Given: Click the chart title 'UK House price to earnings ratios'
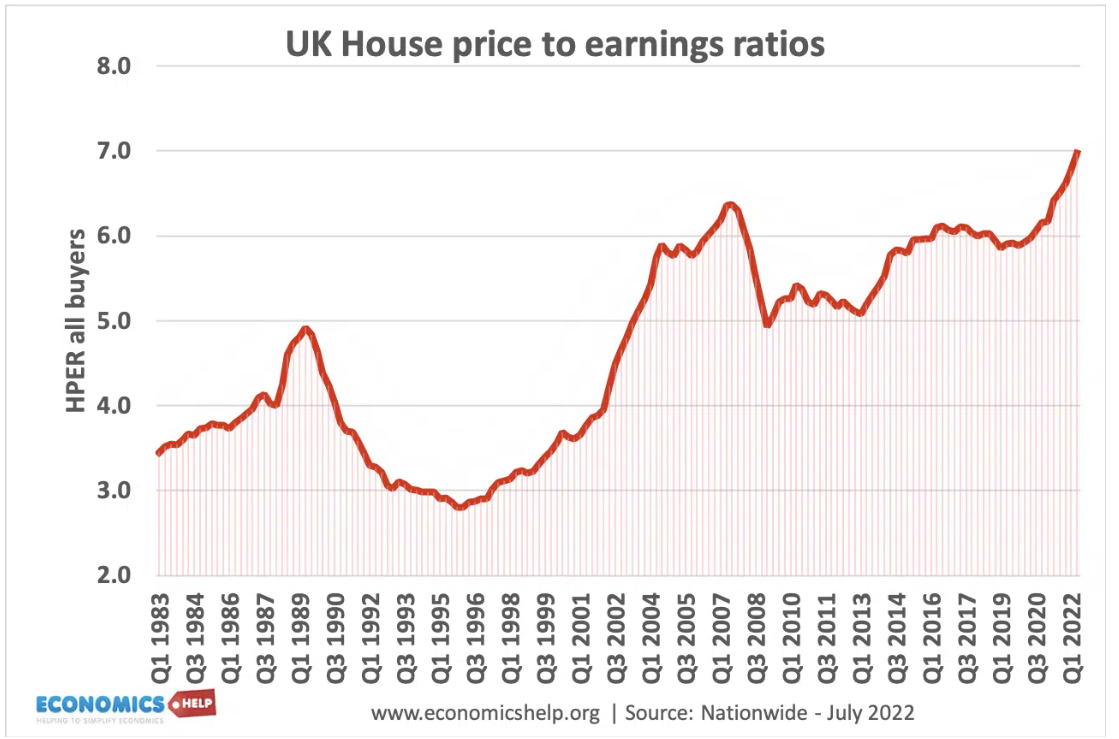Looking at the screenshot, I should pyautogui.click(x=555, y=45).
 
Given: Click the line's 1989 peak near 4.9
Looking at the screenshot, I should pyautogui.click(x=307, y=328).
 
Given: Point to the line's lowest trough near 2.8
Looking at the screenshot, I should pyautogui.click(x=459, y=507).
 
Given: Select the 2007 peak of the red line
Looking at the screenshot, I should pyautogui.click(x=731, y=205).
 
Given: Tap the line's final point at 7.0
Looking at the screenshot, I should pyautogui.click(x=1078, y=151).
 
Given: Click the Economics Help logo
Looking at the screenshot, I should pyautogui.click(x=125, y=705).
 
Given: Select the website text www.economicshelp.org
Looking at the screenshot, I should pyautogui.click(x=486, y=713).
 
